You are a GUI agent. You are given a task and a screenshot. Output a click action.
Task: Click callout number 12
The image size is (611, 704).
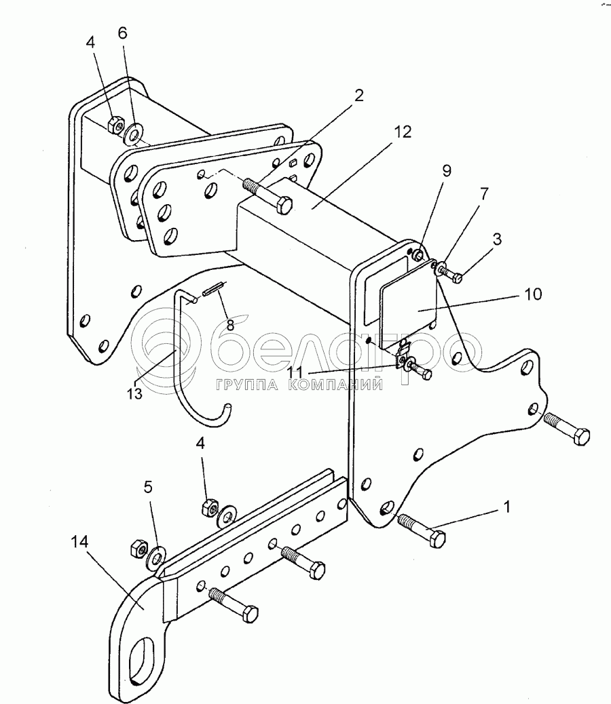403,132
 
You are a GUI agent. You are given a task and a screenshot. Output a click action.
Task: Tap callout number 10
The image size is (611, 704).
533,294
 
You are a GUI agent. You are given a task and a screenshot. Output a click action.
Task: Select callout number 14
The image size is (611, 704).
80,543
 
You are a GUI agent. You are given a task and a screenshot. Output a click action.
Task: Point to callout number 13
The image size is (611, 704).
134,394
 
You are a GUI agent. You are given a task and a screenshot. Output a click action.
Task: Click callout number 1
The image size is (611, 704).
507,507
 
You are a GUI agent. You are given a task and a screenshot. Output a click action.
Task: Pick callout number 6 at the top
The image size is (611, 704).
122,33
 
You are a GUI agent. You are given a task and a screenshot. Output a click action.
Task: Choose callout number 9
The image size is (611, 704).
446,171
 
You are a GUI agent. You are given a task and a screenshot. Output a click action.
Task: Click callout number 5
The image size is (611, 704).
148,487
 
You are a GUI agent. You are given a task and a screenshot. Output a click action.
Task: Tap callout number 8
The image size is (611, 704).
230,325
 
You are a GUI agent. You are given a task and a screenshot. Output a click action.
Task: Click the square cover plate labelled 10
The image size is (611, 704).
409,305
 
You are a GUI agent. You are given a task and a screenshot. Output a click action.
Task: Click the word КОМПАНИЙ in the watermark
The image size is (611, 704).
334,385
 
